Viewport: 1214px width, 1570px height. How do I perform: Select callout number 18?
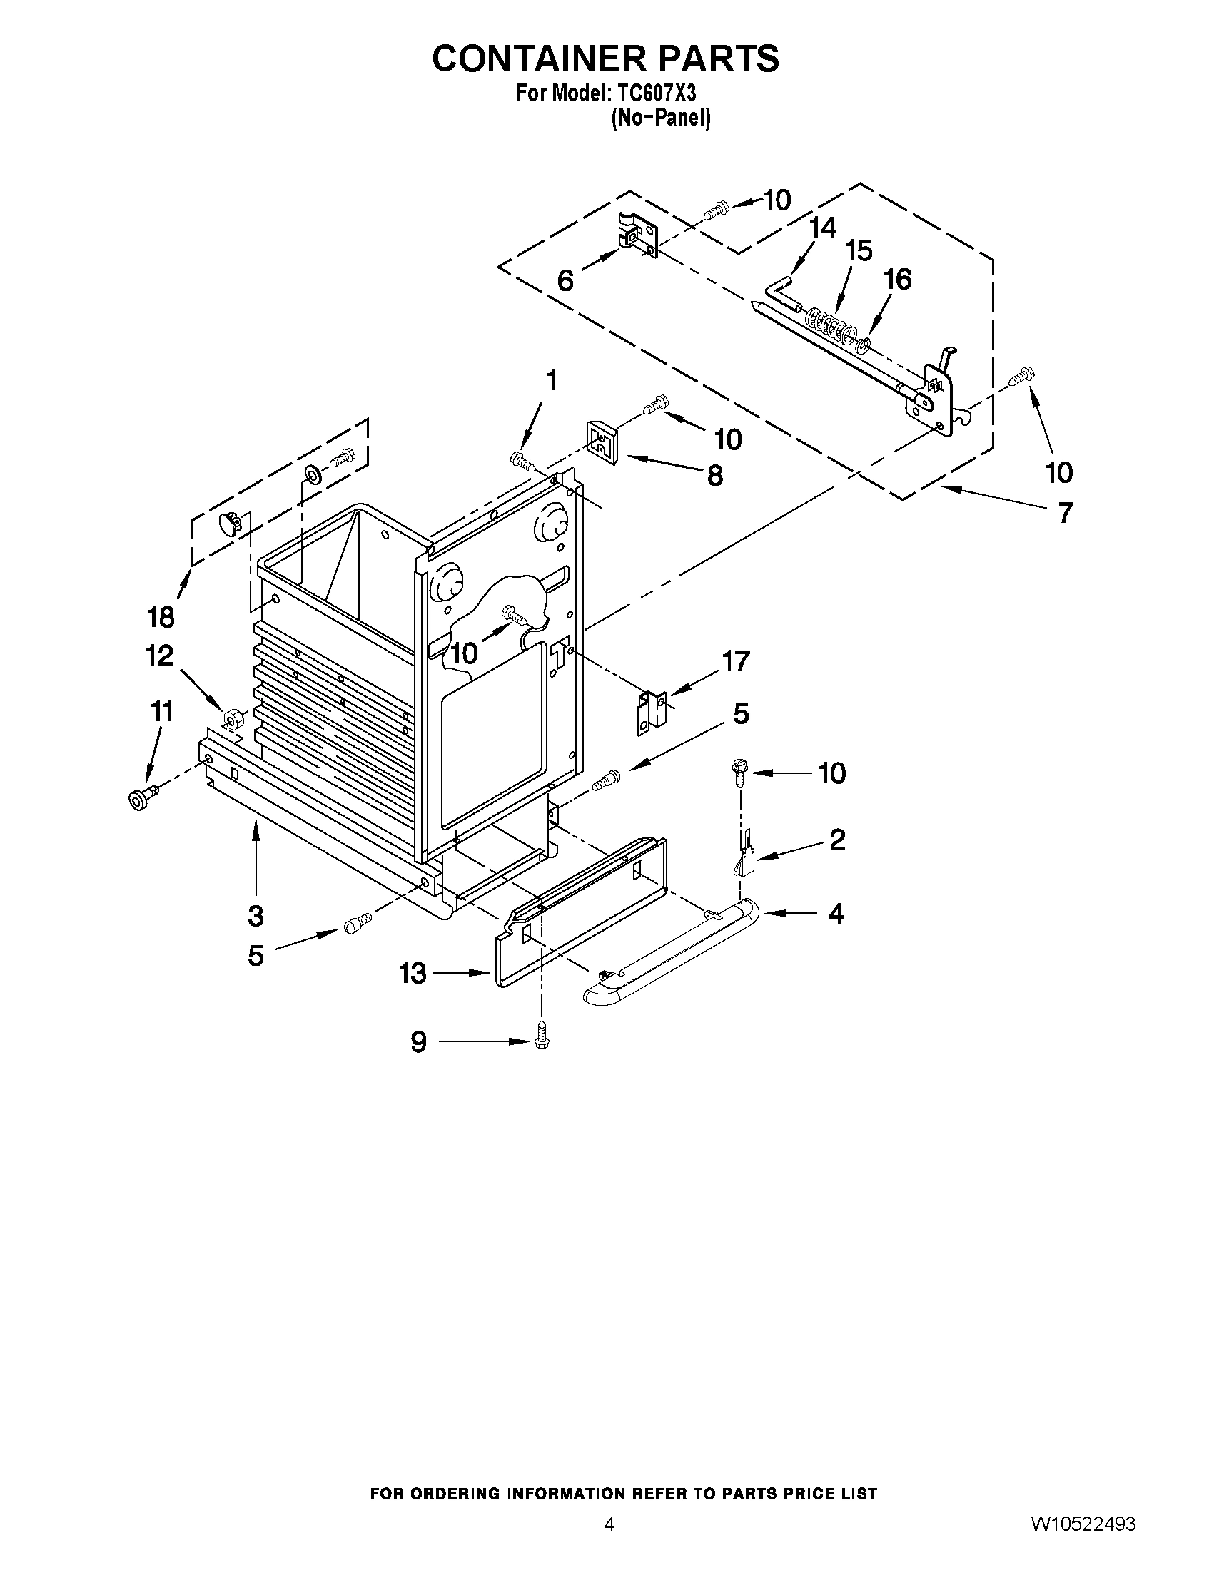coord(161,616)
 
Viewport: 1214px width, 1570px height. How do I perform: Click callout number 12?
coord(160,656)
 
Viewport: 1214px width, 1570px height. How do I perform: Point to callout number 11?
coord(161,712)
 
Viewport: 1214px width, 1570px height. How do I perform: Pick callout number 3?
coord(256,915)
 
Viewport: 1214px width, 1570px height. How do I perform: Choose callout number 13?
coord(413,974)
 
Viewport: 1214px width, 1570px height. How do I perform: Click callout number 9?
coord(418,1041)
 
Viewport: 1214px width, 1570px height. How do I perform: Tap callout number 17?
coord(736,661)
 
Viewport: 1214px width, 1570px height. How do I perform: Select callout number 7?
coord(1064,513)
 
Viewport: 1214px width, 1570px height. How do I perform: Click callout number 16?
coord(898,279)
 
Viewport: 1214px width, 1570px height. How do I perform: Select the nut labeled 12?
coord(232,718)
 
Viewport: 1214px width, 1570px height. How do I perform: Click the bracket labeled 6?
coord(637,235)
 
